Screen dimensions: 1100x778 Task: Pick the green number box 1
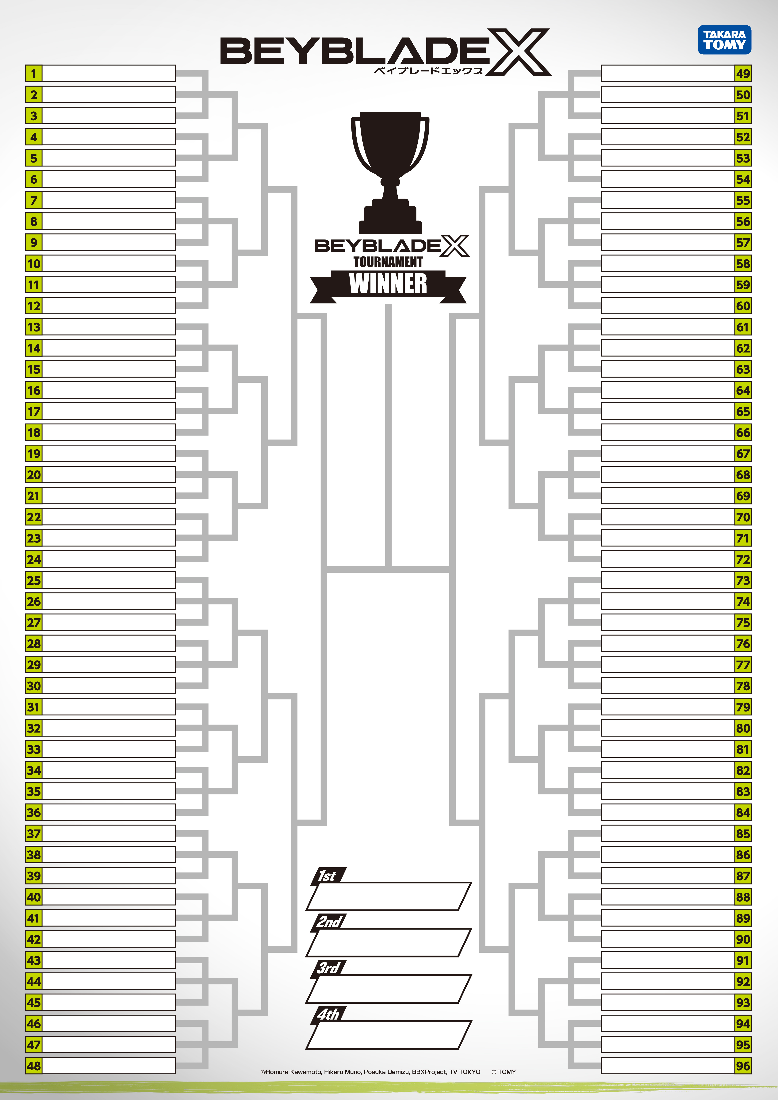pyautogui.click(x=33, y=74)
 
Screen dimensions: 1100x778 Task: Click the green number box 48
pyautogui.click(x=33, y=1066)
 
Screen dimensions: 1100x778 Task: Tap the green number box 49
pyautogui.click(x=743, y=74)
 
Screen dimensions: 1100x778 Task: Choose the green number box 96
pyautogui.click(x=743, y=1066)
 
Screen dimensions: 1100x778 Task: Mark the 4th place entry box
pyautogui.click(x=388, y=1035)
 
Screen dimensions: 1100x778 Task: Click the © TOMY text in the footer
pyautogui.click(x=504, y=1072)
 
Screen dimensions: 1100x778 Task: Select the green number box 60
pyautogui.click(x=743, y=306)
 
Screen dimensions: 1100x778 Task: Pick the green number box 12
pyautogui.click(x=33, y=306)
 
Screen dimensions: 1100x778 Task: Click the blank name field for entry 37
pyautogui.click(x=109, y=833)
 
